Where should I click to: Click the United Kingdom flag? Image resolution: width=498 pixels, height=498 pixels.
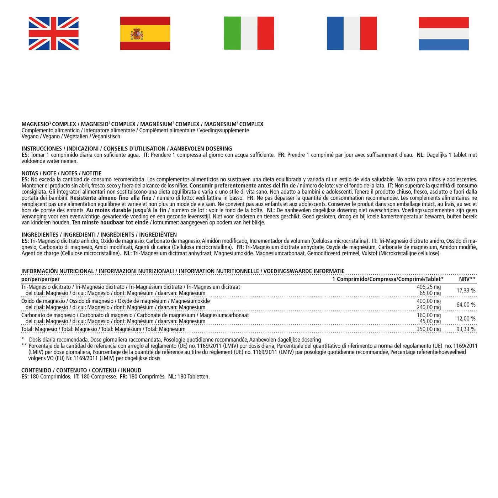tap(53, 33)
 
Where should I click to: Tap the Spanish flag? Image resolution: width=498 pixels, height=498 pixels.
tap(145, 33)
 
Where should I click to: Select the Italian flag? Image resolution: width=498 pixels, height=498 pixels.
tap(249, 33)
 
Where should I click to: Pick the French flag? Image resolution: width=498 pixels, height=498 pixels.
tap(352, 33)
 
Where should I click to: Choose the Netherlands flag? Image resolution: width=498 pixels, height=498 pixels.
tap(444, 33)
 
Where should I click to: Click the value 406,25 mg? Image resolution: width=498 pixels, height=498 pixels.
tap(429, 287)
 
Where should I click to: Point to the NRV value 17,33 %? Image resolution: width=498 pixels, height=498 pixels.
tap(466, 291)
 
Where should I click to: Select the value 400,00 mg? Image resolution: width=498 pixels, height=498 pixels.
tap(429, 301)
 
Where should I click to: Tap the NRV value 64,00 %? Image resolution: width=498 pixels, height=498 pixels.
tap(466, 305)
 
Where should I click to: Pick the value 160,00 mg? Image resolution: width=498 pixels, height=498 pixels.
tap(429, 315)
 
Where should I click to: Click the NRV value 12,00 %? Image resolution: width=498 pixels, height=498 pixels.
tap(466, 319)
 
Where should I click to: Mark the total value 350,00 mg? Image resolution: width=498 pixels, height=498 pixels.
tap(429, 329)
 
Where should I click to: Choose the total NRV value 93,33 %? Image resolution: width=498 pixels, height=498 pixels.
tap(466, 329)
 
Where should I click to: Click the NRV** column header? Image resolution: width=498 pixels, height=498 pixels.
tap(467, 279)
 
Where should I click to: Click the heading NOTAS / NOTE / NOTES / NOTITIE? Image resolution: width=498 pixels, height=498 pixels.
tap(62, 174)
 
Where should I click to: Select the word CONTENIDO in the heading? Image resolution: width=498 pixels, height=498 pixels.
tap(36, 370)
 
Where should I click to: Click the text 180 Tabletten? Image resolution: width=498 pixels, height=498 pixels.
tap(194, 377)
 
